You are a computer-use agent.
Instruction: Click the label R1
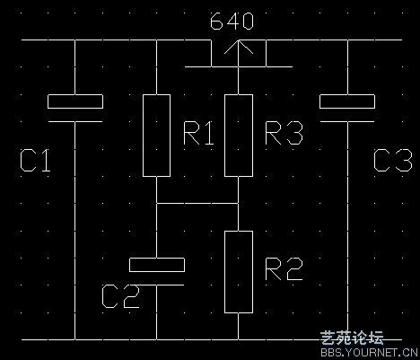point(198,134)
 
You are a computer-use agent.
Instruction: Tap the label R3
point(284,134)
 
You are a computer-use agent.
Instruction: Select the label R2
point(284,269)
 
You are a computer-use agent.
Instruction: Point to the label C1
point(35,161)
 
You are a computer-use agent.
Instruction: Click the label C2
point(120,296)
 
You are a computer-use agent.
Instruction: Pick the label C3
point(393,161)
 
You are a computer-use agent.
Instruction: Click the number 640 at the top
point(232,22)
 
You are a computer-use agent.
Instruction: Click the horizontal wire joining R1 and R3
point(197,204)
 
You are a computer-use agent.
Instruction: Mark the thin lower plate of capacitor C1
point(75,122)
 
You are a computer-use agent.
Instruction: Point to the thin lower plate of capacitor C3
point(347,122)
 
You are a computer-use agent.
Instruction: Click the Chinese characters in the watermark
point(352,338)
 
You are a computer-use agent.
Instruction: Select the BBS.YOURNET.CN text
point(369,352)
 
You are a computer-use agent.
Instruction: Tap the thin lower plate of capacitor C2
point(157,285)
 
